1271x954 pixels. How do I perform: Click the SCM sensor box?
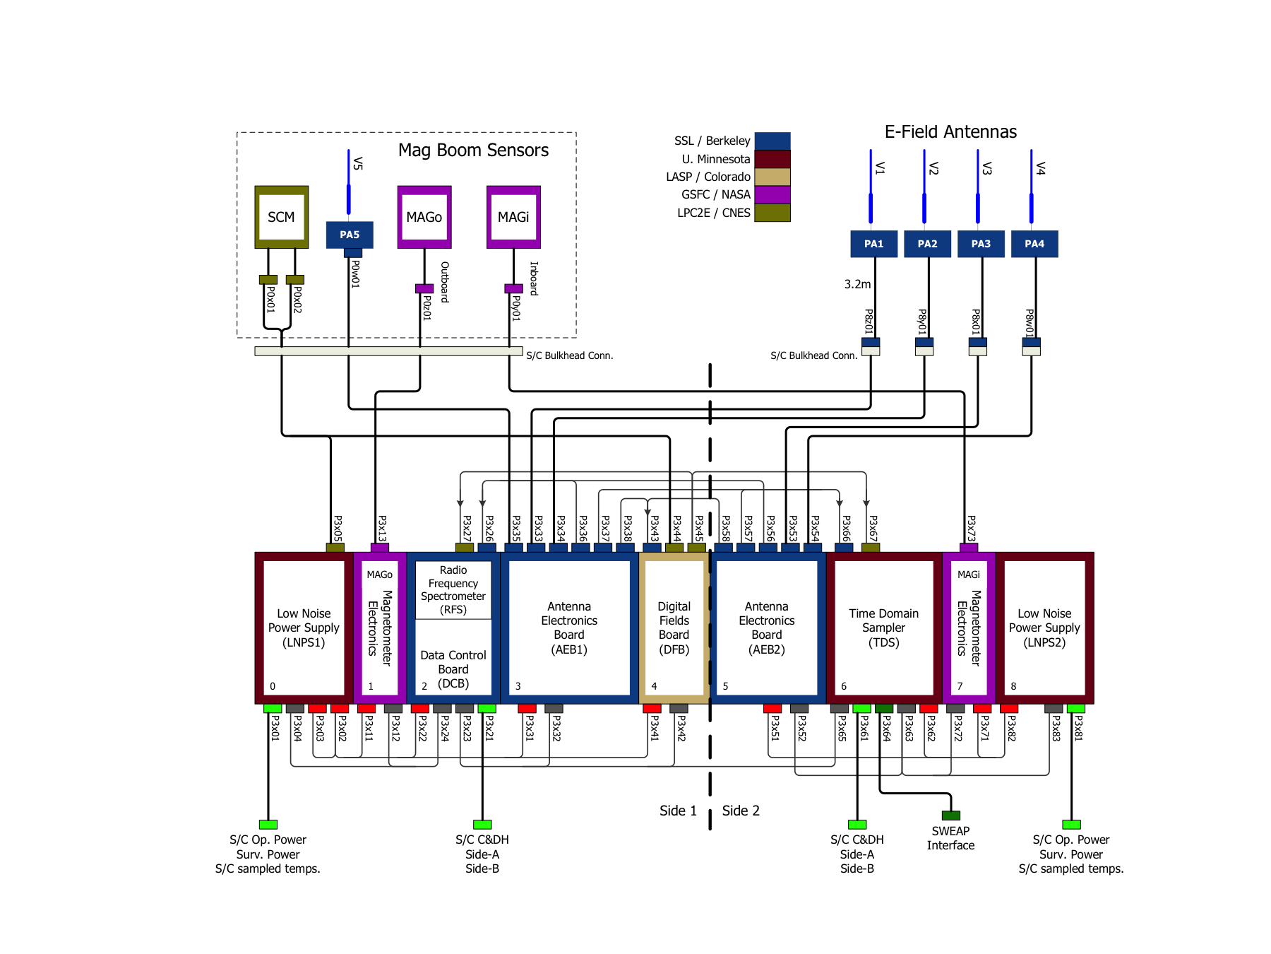[281, 217]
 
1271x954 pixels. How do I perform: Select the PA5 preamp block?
[350, 235]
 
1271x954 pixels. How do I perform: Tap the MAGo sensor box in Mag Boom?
[424, 217]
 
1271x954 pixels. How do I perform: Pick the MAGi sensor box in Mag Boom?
[513, 217]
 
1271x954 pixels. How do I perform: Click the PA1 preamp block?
[873, 244]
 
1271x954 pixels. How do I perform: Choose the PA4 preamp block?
[1034, 244]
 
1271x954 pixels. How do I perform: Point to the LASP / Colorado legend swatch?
[772, 177]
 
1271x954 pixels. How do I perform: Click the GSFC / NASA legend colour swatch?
[772, 194]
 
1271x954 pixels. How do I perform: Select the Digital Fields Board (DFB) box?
[674, 628]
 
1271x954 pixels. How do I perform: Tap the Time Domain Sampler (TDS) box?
[883, 628]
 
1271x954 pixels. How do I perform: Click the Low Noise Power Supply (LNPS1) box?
[304, 628]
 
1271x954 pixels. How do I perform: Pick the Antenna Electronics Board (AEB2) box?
[766, 628]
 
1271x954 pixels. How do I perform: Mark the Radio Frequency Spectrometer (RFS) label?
[453, 589]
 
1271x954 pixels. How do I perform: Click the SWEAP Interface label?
[950, 838]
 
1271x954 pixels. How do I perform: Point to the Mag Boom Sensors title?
[473, 151]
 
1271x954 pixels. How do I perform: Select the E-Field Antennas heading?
[950, 132]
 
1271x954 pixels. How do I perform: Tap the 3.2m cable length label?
[857, 284]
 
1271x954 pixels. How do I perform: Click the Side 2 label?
[741, 811]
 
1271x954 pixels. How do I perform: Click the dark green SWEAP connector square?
[951, 815]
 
